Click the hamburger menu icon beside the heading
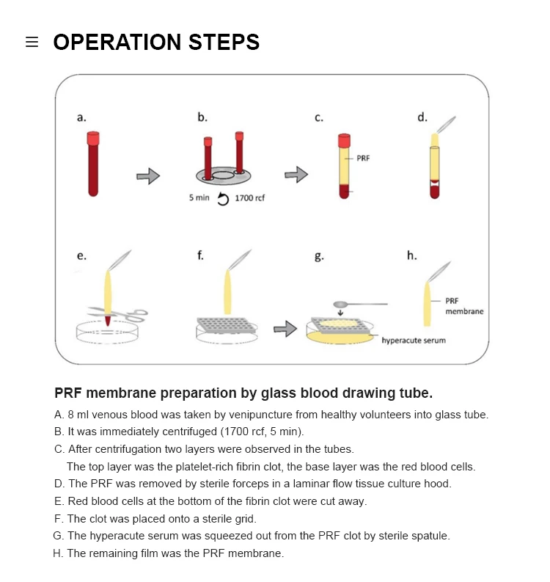32,43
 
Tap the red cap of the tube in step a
93,138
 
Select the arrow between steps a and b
148,176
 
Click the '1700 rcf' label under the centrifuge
249,199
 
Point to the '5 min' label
199,198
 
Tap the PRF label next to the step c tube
363,158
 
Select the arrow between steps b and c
296,174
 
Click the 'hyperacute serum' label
414,341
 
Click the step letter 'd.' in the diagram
422,116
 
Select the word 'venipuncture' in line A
255,415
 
